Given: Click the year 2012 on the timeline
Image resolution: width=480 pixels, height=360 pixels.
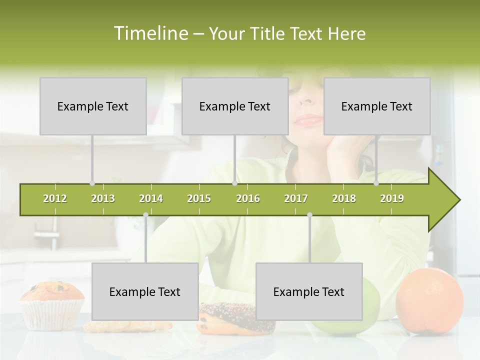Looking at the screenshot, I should (x=55, y=198).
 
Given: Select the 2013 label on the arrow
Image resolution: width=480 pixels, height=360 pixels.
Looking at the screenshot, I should (x=103, y=198).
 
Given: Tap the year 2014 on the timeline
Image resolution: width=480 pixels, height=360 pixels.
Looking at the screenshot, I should (x=151, y=198).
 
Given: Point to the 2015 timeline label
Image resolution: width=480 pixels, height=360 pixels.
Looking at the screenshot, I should (x=199, y=198).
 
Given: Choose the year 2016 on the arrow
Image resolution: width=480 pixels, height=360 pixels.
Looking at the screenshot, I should (x=248, y=198).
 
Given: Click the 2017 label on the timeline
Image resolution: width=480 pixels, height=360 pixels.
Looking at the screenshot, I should (x=296, y=198).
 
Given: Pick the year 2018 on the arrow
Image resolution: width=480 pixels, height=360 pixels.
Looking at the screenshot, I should (x=344, y=198).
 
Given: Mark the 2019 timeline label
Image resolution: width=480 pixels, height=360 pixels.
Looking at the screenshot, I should (x=392, y=198).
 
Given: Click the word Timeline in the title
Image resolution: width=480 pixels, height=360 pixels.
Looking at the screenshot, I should (x=149, y=33).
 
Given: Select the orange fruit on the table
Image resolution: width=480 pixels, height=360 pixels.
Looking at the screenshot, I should (x=429, y=301).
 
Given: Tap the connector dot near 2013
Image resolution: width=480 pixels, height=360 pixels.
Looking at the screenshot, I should (x=92, y=183).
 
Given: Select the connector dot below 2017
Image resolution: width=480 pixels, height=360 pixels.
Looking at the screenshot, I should (x=309, y=215).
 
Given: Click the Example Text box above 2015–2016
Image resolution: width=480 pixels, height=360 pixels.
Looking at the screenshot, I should (x=235, y=106).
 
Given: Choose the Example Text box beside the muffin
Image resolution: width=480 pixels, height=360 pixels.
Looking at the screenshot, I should (x=145, y=291).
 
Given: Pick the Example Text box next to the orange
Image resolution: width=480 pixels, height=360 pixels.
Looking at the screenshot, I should (x=309, y=291).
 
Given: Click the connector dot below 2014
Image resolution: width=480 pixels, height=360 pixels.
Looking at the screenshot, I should (x=145, y=215).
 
